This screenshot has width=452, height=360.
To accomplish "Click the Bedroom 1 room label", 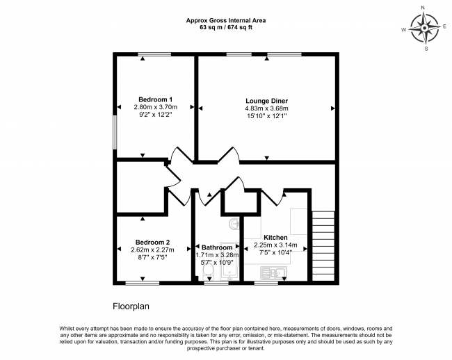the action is pyautogui.click(x=155, y=99).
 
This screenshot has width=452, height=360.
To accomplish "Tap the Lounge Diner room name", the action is pyautogui.click(x=266, y=101).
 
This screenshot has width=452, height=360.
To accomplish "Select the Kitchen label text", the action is pyautogui.click(x=275, y=238).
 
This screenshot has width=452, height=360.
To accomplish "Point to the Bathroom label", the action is pyautogui.click(x=217, y=247).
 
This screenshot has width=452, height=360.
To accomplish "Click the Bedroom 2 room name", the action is pyautogui.click(x=152, y=243).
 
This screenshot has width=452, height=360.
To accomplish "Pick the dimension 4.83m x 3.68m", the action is pyautogui.click(x=266, y=108).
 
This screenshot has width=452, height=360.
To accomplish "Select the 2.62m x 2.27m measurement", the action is pyautogui.click(x=152, y=250).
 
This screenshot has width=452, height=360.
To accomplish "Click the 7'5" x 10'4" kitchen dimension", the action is pyautogui.click(x=275, y=253).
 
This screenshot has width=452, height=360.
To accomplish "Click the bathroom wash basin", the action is pyautogui.click(x=234, y=224).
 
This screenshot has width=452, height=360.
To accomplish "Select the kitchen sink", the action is pyautogui.click(x=273, y=272).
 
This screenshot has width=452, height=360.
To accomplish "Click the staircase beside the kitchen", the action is pyautogui.click(x=323, y=246).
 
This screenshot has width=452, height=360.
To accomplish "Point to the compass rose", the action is pyautogui.click(x=424, y=28).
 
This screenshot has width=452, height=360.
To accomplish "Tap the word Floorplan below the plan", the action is pyautogui.click(x=131, y=306).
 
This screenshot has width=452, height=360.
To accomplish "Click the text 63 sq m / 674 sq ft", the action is pyautogui.click(x=226, y=28).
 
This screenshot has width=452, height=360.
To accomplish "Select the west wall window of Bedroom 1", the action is pyautogui.click(x=115, y=133).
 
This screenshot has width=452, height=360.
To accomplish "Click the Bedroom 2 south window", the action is pyautogui.click(x=143, y=284).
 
